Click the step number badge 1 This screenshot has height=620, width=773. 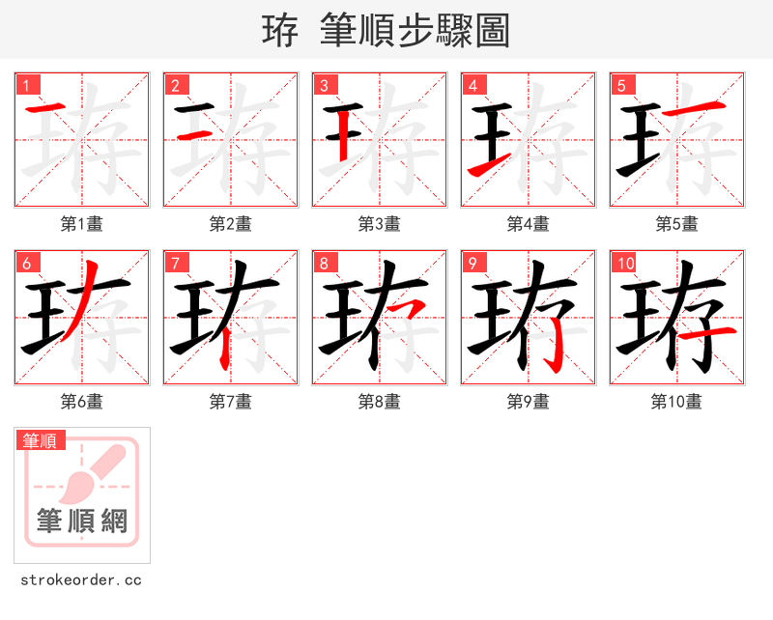pos(26,85)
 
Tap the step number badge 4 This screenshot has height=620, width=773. pos(472,85)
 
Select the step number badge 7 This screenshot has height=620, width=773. pos(175,263)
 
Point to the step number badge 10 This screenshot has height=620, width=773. pos(624,263)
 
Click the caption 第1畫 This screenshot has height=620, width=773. pos(82,224)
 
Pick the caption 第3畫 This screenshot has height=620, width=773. pos(380,224)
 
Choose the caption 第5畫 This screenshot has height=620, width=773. pos(677,224)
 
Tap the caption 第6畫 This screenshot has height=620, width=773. pos(82,402)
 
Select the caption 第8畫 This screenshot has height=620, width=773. pos(380,402)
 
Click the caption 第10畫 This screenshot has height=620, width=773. pos(677,402)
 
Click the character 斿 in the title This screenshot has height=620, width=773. pos(280,31)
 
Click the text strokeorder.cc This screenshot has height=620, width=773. pos(81,580)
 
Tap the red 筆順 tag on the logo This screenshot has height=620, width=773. pos(41,440)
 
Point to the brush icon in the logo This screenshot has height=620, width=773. pos(91,475)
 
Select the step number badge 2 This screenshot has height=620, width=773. pos(175,85)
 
